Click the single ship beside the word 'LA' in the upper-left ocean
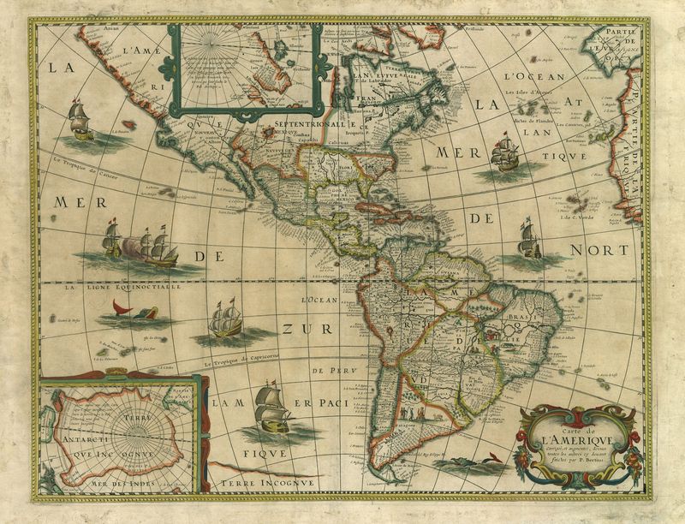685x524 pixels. [80, 121]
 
